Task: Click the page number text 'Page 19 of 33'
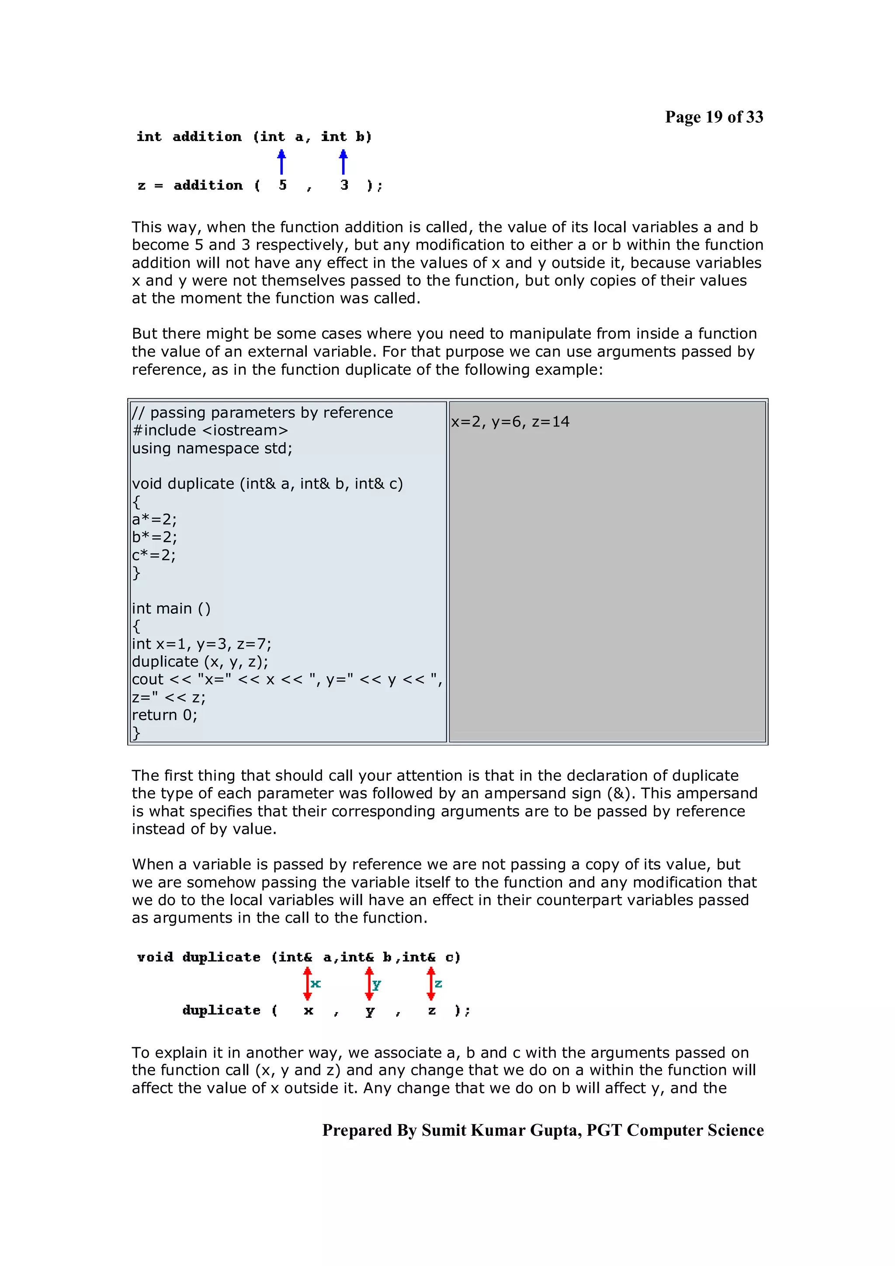click(x=714, y=117)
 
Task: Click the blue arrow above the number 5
click(x=281, y=162)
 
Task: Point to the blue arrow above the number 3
click(x=343, y=162)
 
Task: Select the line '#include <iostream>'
click(x=210, y=431)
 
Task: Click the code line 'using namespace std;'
click(x=212, y=448)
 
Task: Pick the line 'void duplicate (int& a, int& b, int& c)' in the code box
click(x=267, y=484)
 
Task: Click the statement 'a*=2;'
click(x=154, y=519)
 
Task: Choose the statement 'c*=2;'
click(x=153, y=555)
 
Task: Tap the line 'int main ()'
click(x=171, y=608)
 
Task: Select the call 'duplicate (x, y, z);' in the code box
click(x=200, y=662)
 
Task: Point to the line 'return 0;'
click(x=164, y=715)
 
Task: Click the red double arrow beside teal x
click(x=307, y=984)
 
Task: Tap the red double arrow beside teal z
click(x=431, y=984)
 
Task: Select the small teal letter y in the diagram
click(x=377, y=984)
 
